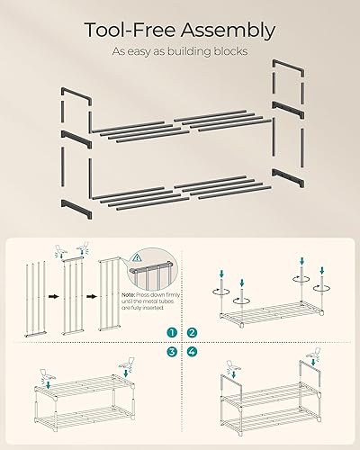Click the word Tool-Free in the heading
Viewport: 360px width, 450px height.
(129, 30)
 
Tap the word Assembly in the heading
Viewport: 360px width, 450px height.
(228, 30)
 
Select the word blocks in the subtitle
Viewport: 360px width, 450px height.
(229, 51)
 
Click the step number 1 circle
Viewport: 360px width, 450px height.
(171, 332)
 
